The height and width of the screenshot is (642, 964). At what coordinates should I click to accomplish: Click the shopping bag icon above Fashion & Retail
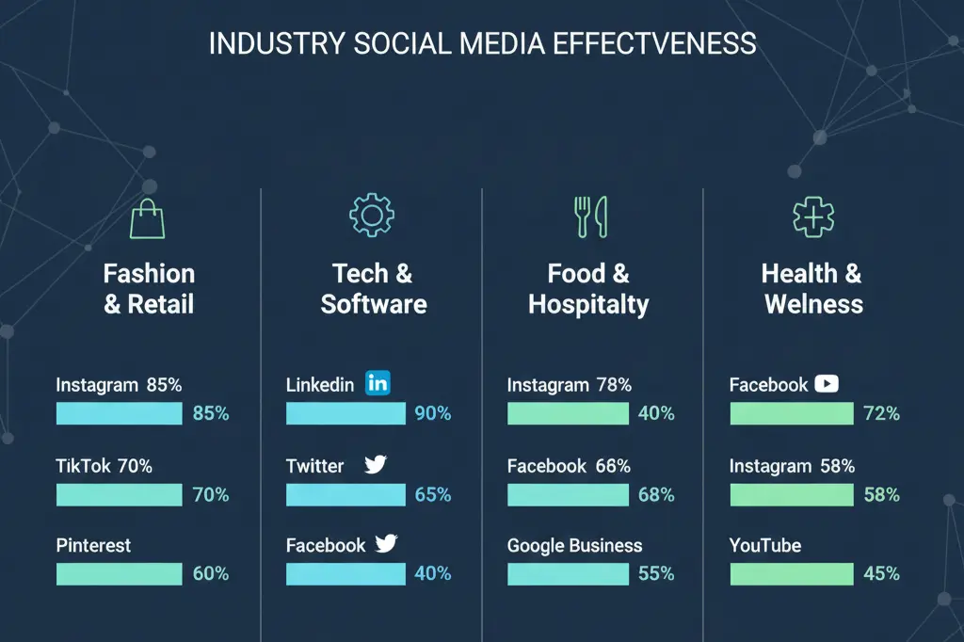coord(147,218)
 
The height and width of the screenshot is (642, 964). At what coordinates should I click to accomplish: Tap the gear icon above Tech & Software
coord(372,216)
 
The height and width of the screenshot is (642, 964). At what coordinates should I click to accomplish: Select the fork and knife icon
coord(590,217)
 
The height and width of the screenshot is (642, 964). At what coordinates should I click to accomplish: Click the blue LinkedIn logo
coord(377,383)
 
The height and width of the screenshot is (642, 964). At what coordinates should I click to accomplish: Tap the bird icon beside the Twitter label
coord(376,465)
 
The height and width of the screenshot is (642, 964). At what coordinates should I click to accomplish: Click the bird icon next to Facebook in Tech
coord(386,544)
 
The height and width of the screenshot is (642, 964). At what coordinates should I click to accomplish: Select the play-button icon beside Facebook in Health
coord(826,383)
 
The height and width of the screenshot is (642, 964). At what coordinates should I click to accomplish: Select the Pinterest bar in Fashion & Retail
coord(120,574)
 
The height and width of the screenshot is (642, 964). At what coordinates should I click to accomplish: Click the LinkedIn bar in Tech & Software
coord(345,413)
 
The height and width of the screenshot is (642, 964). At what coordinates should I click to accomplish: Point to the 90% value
coord(432,413)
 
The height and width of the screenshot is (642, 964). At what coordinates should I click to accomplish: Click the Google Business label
coord(574,546)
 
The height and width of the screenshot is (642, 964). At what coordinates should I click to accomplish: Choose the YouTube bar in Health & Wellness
coord(792,574)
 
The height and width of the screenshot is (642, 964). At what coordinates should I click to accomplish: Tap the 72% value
coord(881,413)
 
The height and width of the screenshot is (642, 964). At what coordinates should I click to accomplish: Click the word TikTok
coord(84,466)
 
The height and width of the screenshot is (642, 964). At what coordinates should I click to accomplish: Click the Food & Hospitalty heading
coord(588,289)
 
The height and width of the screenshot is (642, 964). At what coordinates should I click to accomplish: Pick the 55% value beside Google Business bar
coord(655,574)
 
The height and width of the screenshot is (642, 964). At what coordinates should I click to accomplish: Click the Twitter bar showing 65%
coord(345,495)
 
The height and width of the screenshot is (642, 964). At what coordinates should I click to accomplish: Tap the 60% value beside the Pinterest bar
coord(210,574)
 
